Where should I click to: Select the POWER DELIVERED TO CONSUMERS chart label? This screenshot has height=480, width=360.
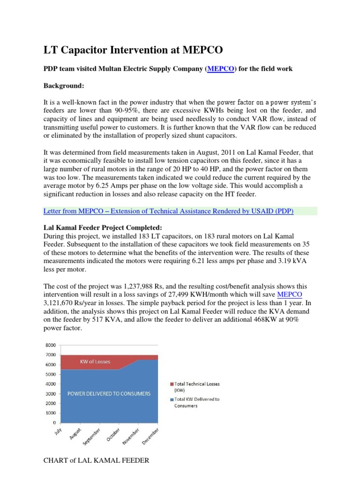pyautogui.click(x=109, y=394)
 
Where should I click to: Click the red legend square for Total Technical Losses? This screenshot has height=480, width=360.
pyautogui.click(x=172, y=384)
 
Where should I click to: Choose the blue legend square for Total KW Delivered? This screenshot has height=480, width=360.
pyautogui.click(x=172, y=400)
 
